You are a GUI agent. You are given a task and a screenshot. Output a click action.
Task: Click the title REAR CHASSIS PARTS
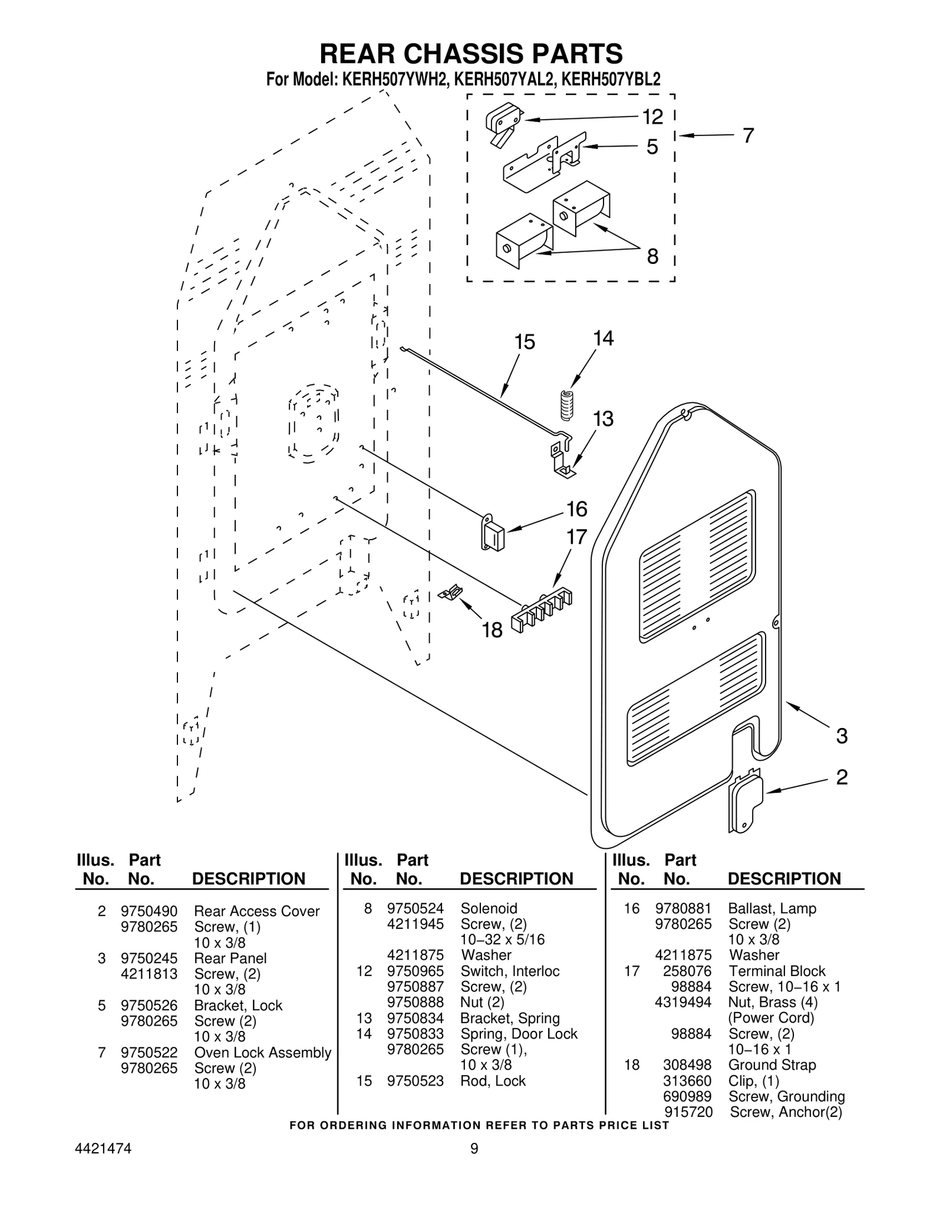[471, 54]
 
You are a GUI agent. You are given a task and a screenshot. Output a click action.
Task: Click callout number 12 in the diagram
[652, 117]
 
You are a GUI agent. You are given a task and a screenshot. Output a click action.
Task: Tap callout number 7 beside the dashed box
[748, 135]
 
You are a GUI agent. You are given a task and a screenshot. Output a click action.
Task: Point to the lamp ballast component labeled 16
[493, 534]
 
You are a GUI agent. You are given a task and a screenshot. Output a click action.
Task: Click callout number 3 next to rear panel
[842, 736]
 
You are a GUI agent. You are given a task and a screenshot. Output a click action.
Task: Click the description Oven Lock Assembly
[262, 1052]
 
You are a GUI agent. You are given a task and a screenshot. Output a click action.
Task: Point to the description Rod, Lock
[493, 1080]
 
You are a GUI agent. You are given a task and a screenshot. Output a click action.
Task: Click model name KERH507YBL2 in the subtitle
[611, 80]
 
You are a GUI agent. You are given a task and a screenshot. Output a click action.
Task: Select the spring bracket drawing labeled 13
[562, 457]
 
